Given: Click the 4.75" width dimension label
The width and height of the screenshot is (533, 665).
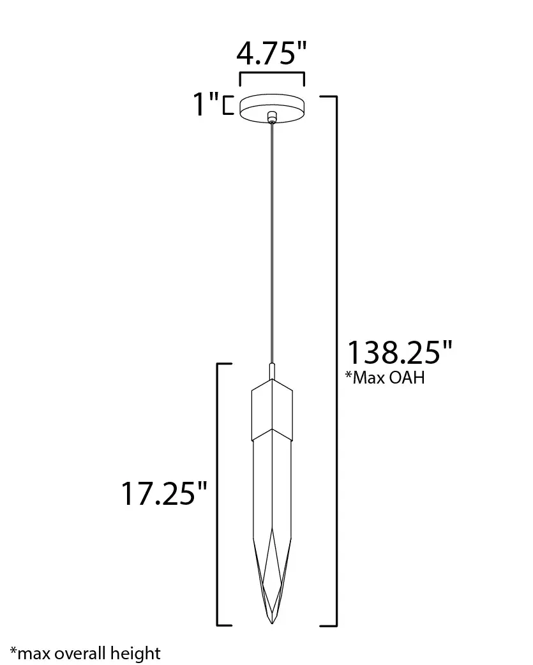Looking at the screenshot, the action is (271, 54).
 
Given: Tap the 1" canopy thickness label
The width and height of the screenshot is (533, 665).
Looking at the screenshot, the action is (206, 104).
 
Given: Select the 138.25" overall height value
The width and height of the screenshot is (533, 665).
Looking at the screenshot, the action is (400, 352).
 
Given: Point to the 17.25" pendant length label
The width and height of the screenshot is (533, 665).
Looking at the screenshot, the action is (164, 493).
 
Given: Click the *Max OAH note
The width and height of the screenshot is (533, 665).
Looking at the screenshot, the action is (385, 377).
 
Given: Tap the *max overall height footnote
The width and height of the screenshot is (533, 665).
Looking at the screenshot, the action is (86, 654).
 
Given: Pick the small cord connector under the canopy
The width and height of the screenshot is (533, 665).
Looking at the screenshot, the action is (272, 117).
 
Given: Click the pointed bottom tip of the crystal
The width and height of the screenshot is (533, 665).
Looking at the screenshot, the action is (272, 624).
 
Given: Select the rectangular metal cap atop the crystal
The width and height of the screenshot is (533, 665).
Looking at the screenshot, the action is (272, 409).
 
